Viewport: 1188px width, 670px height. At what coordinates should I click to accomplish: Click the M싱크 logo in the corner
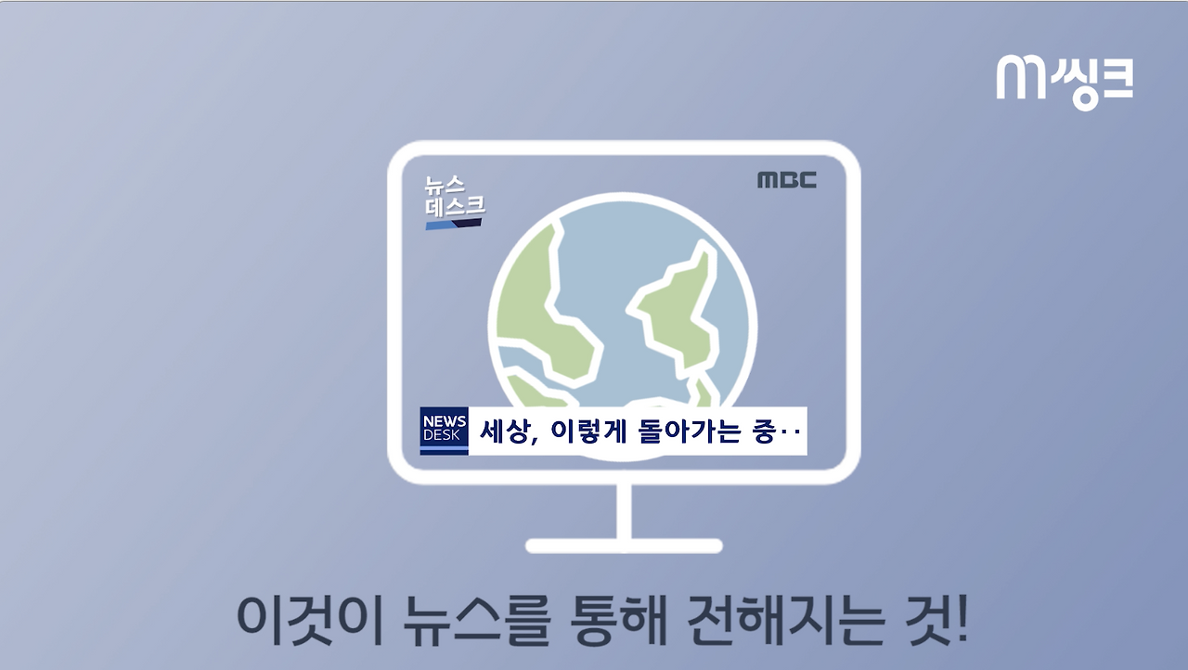pos(1065,80)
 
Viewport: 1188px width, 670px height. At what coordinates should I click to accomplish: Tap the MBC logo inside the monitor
pos(786,180)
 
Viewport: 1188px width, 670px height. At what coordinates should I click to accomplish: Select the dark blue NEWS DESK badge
pos(444,431)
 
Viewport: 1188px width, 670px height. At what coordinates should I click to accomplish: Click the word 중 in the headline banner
pos(764,432)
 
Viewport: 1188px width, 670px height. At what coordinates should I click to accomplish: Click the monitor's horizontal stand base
pos(624,546)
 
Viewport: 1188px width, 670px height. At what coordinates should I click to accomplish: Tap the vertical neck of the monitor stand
pos(624,510)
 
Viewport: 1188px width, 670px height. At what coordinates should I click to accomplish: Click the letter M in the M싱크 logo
pos(1020,78)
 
